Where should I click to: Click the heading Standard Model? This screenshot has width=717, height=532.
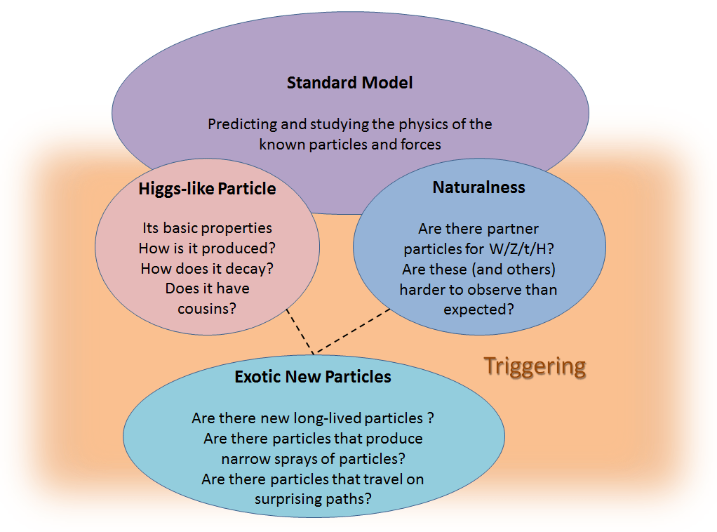tap(350, 83)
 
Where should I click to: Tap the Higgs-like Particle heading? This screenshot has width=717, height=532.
tap(207, 189)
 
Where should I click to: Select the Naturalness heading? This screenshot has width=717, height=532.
tap(478, 187)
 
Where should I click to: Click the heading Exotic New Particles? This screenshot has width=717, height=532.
tap(313, 376)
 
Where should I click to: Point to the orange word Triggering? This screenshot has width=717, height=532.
tap(535, 367)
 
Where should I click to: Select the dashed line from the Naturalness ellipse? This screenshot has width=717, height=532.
tap(352, 331)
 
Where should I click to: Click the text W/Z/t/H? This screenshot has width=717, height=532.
tap(522, 249)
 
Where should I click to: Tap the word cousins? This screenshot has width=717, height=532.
tap(207, 309)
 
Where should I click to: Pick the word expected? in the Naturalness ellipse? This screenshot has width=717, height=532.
tap(478, 310)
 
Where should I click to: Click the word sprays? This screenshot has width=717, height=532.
tap(291, 459)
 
